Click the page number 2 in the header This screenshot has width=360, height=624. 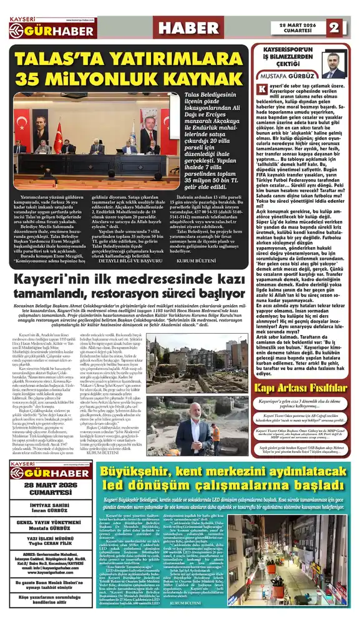pos(334,27)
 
